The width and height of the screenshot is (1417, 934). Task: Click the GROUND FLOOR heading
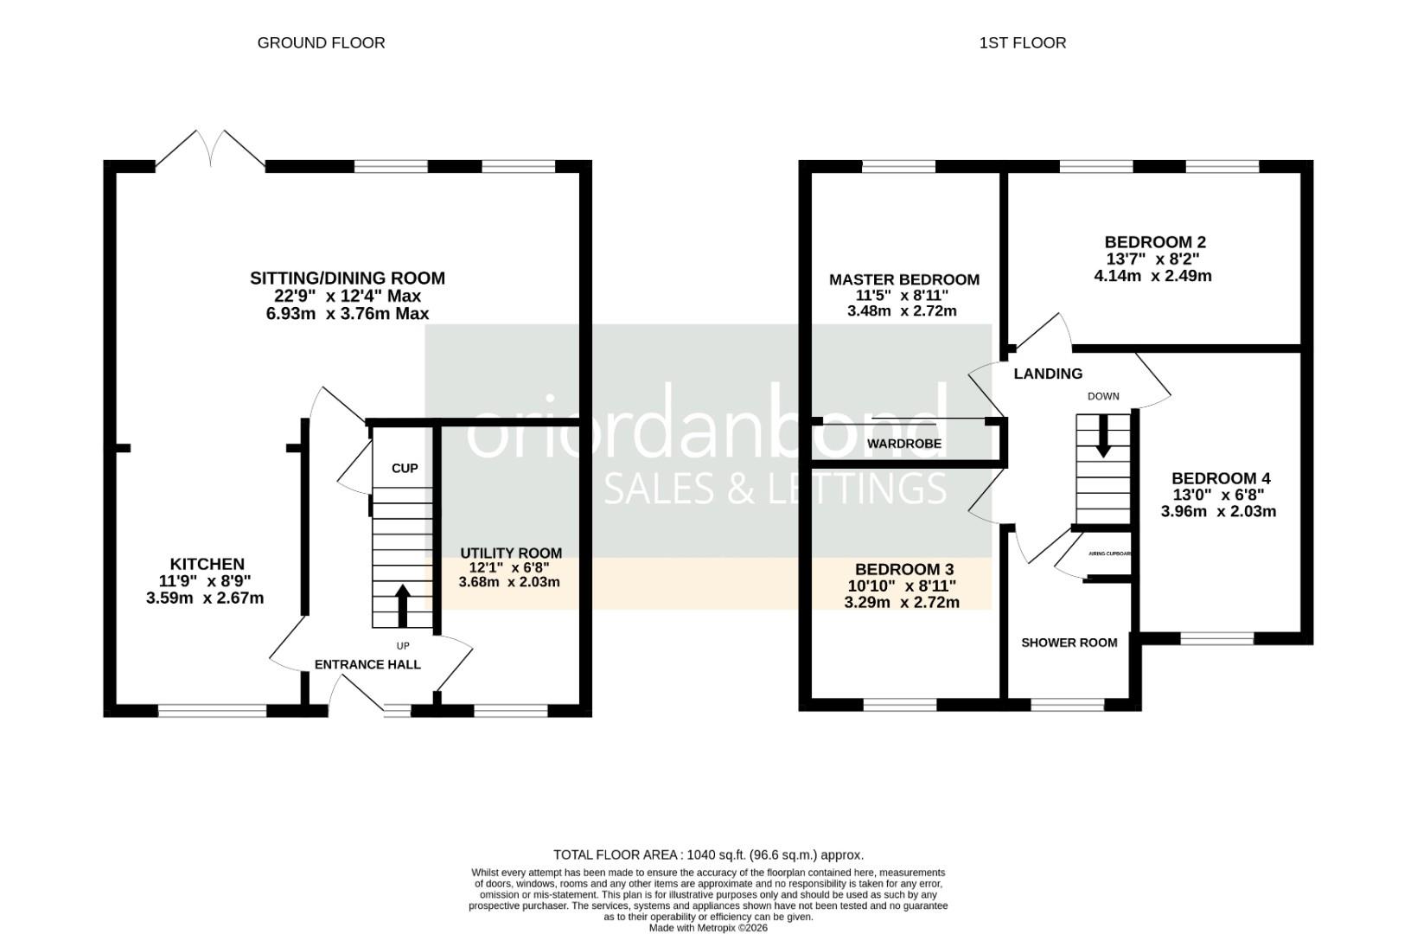[321, 42]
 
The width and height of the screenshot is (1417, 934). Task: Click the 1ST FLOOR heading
[1022, 42]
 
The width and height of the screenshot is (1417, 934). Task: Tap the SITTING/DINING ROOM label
[348, 278]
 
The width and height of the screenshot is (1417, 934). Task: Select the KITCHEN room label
[207, 564]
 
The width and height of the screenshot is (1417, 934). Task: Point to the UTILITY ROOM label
[510, 553]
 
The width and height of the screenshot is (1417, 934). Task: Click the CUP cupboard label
[405, 468]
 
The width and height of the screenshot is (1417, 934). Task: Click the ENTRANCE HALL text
[367, 664]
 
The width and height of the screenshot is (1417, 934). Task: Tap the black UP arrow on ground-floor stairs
[402, 605]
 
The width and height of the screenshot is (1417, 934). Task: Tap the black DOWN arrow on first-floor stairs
[1103, 437]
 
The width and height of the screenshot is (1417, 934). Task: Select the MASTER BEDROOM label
[903, 279]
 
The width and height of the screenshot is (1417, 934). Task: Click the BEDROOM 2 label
[1154, 242]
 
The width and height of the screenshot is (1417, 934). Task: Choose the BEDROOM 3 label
[903, 569]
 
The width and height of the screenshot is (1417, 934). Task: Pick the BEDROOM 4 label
[1220, 478]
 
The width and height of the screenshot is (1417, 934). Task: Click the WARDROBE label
[904, 444]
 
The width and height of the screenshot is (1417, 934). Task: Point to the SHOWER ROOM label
[1069, 643]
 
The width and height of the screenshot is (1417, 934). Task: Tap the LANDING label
[1047, 374]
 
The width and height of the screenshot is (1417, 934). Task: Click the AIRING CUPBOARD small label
[1109, 553]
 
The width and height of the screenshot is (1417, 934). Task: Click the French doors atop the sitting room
[210, 148]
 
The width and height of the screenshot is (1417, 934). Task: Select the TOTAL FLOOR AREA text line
[708, 854]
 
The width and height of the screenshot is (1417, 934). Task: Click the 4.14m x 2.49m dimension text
[1152, 277]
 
